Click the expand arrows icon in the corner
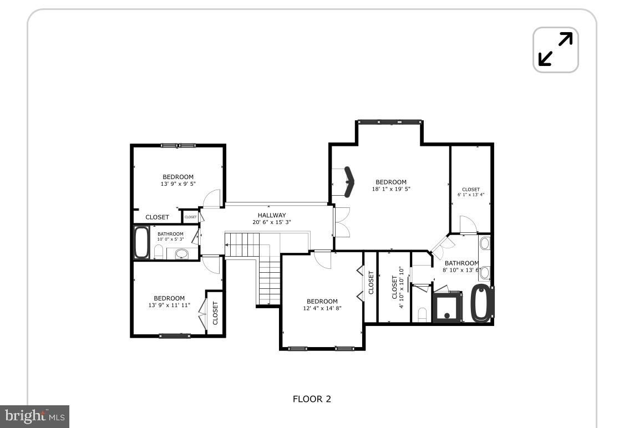pyautogui.click(x=555, y=50)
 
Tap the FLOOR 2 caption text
pyautogui.click(x=312, y=399)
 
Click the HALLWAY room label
pyautogui.click(x=272, y=215)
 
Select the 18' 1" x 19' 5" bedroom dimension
pyautogui.click(x=391, y=189)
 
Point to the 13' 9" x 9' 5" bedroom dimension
pyautogui.click(x=178, y=184)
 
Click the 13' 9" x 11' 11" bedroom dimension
pyautogui.click(x=169, y=305)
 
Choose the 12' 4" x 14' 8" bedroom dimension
pyautogui.click(x=322, y=308)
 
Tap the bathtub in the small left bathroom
pyautogui.click(x=141, y=242)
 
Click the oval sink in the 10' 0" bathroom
pyautogui.click(x=181, y=254)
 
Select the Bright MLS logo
pyautogui.click(x=34, y=416)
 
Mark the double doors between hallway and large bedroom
pyautogui.click(x=339, y=222)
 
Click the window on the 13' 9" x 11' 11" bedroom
pyautogui.click(x=175, y=335)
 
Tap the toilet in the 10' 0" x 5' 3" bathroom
pyautogui.click(x=158, y=253)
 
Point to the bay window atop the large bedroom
pyautogui.click(x=389, y=122)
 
